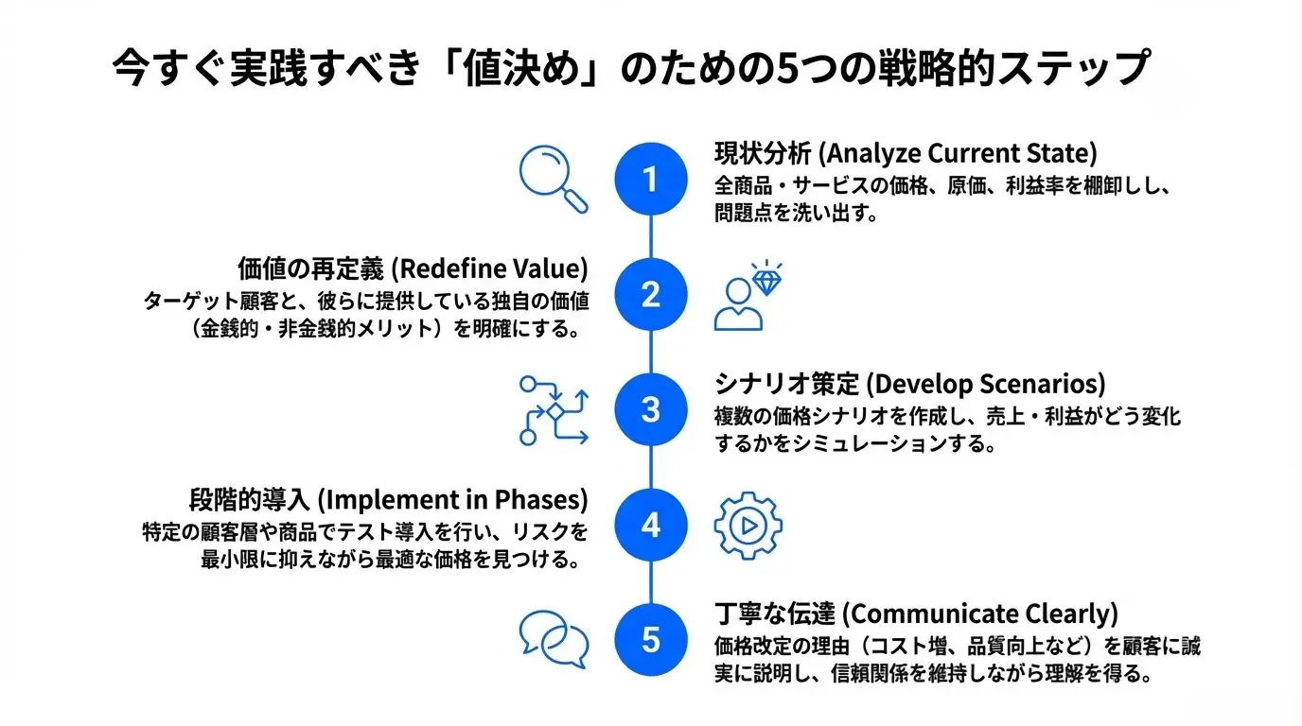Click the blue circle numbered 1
click(650, 180)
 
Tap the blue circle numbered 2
click(650, 295)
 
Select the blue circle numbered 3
click(650, 410)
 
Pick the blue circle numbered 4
click(650, 525)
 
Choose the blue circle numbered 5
click(650, 640)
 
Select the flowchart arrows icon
click(554, 410)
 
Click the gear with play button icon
click(748, 526)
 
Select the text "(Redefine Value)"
click(489, 269)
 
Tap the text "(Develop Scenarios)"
click(985, 385)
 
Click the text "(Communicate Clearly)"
click(979, 614)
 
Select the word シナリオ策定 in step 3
click(786, 385)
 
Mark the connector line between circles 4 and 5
click(650, 582)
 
